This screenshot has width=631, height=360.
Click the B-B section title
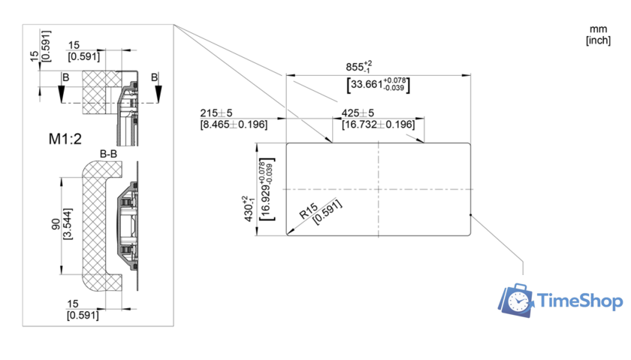pos(109,155)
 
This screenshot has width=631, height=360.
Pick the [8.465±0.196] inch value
pos(234,124)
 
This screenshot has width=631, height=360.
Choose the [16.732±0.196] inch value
pos(377,124)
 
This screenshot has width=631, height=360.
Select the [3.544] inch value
pos(68,225)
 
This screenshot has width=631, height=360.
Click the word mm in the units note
pos(598,29)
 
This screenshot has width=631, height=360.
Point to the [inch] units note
pos(598,41)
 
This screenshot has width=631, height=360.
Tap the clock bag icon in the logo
pos(515,299)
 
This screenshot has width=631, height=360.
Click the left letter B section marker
pos(66,77)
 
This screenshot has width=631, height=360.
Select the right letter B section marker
pos(155,77)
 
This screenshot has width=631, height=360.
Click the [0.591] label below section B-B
pos(83,315)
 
